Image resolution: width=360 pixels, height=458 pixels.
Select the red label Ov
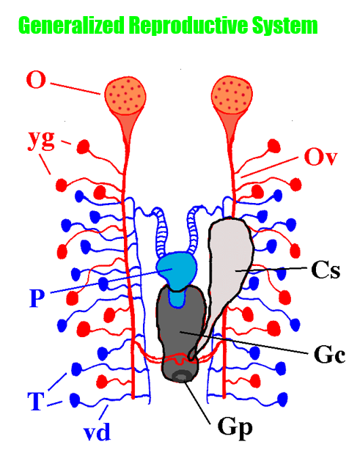click(x=319, y=156)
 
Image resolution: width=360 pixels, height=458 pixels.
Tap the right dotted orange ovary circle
click(x=231, y=97)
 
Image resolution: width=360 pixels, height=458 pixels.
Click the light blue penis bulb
click(x=176, y=270)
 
